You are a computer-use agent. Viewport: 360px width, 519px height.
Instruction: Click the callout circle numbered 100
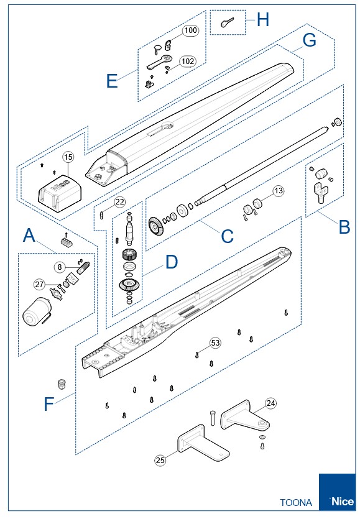pyautogui.click(x=190, y=30)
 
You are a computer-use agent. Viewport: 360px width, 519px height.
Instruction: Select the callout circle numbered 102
pyautogui.click(x=188, y=62)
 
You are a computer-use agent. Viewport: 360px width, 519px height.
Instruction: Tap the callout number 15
pyautogui.click(x=68, y=157)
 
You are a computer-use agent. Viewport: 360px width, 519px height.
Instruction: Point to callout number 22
pyautogui.click(x=120, y=201)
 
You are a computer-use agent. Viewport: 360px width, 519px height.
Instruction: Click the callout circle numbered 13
pyautogui.click(x=279, y=191)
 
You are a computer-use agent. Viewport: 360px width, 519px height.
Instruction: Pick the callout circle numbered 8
pyautogui.click(x=60, y=267)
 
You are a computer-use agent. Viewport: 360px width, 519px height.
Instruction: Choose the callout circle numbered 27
pyautogui.click(x=39, y=284)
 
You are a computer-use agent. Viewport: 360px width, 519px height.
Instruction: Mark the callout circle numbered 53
pyautogui.click(x=215, y=342)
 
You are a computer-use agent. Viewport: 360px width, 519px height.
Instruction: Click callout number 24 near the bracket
pyautogui.click(x=271, y=403)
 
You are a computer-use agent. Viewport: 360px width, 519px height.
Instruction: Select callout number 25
pyautogui.click(x=160, y=460)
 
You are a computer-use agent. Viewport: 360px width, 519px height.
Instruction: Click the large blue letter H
pyautogui.click(x=263, y=19)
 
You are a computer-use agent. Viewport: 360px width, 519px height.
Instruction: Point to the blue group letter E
pyautogui.click(x=112, y=81)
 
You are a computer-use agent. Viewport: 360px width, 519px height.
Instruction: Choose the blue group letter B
pyautogui.click(x=344, y=227)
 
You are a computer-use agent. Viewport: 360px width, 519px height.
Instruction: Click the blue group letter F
pyautogui.click(x=48, y=404)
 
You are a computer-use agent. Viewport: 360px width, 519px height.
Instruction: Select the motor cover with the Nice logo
pyautogui.click(x=60, y=193)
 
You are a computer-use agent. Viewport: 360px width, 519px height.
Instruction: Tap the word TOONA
pyautogui.click(x=296, y=502)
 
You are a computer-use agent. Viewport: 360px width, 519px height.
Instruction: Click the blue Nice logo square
pyautogui.click(x=337, y=492)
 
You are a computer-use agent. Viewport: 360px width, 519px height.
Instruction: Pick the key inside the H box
pyautogui.click(x=227, y=22)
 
